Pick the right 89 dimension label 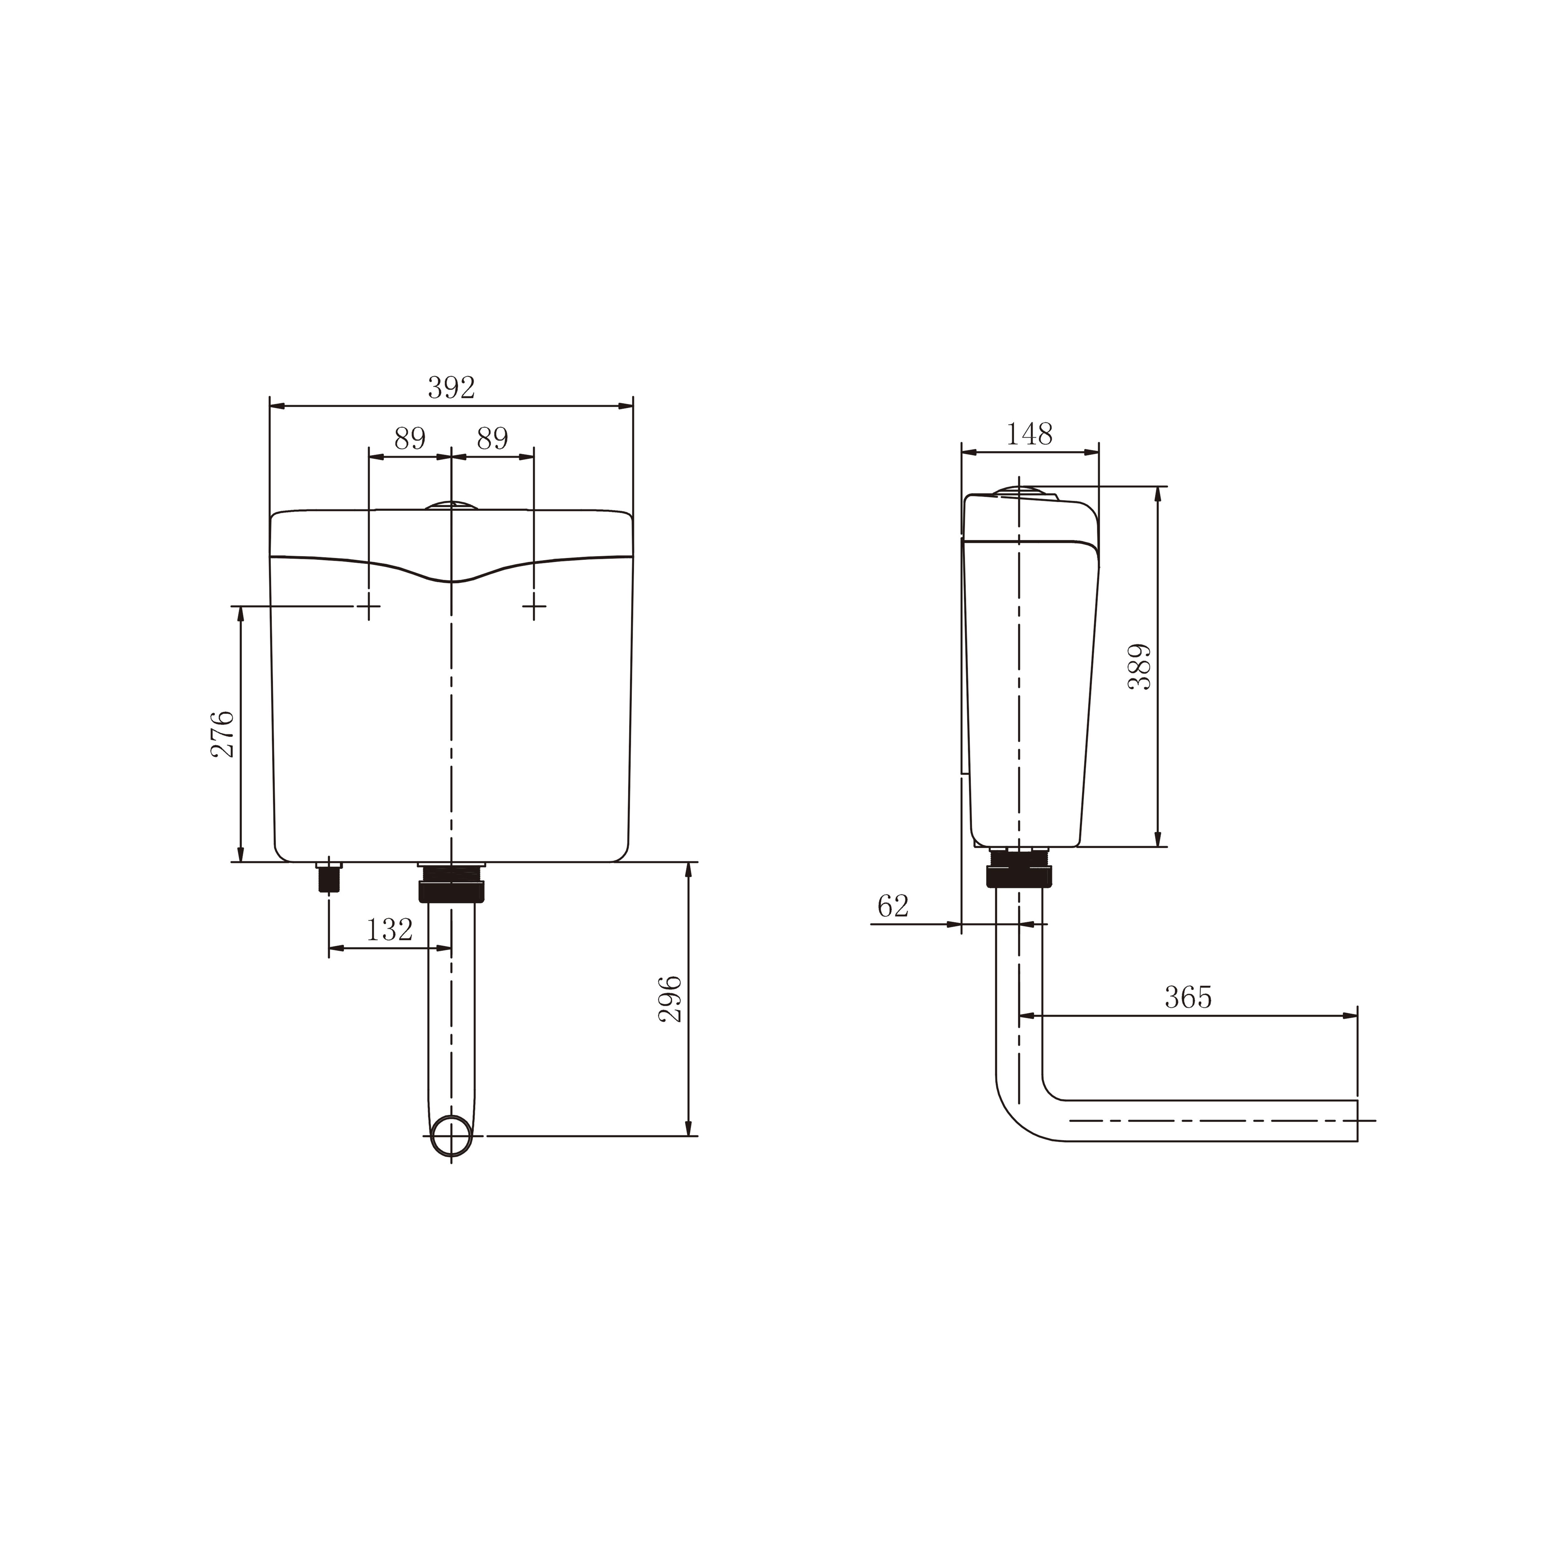click(492, 439)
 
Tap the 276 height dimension click(222, 733)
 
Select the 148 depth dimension click(1029, 435)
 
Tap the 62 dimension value click(892, 906)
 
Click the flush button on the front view click(451, 505)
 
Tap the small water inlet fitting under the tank click(329, 876)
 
